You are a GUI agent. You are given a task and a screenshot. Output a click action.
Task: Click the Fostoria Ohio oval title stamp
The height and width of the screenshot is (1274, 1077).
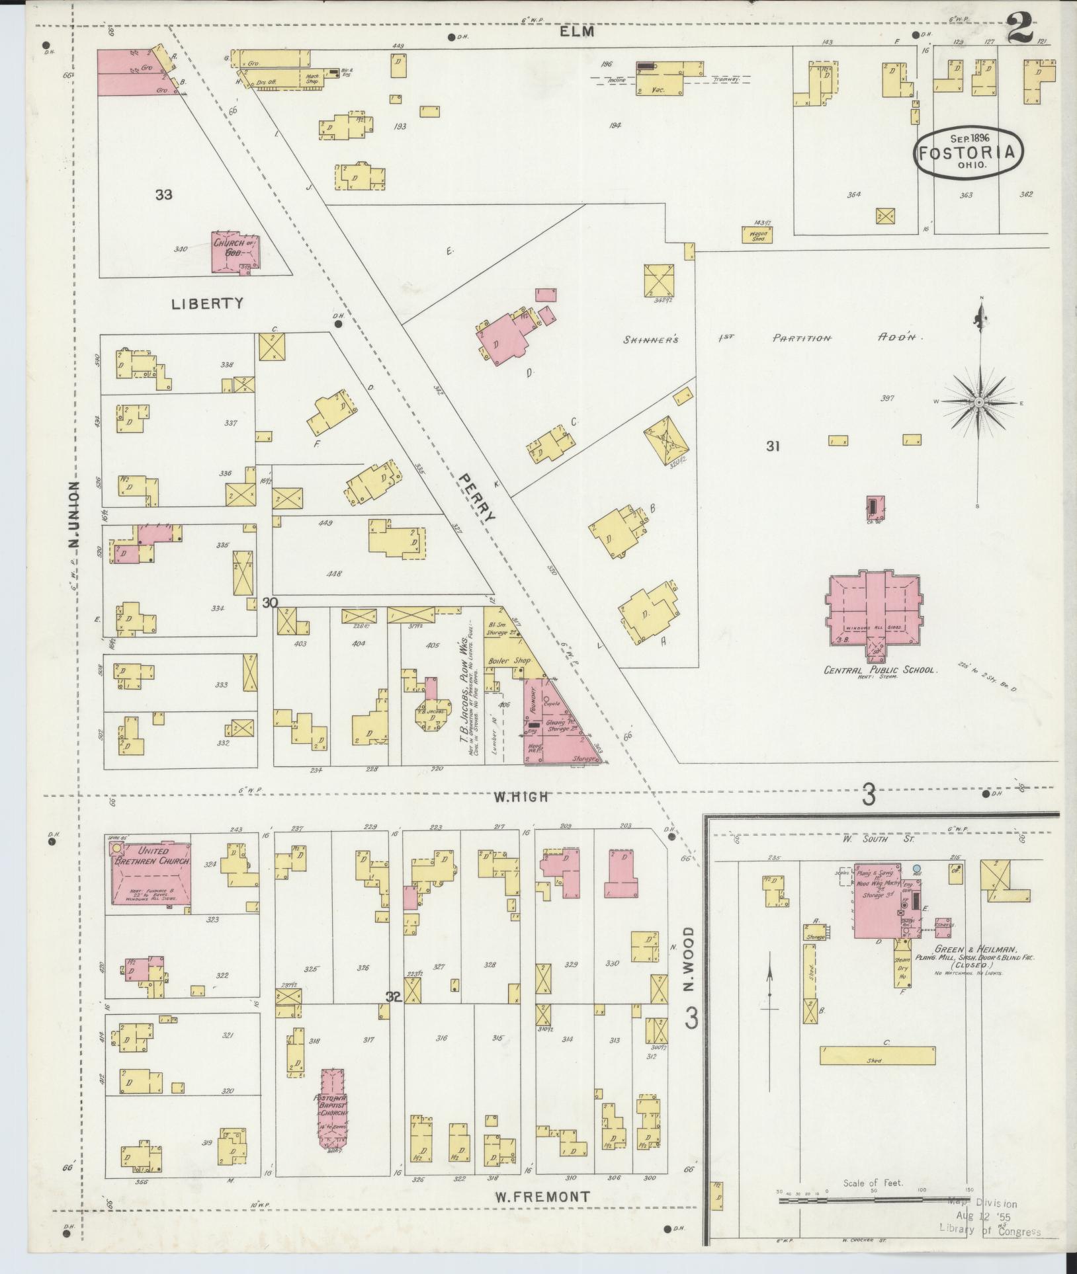click(x=965, y=151)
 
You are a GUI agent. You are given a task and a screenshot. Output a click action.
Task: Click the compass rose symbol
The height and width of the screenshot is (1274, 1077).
click(x=978, y=402)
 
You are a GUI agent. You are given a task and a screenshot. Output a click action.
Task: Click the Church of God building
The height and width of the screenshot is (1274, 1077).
click(x=233, y=251)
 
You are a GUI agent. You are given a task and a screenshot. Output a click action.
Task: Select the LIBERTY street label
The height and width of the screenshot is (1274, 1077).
click(x=207, y=303)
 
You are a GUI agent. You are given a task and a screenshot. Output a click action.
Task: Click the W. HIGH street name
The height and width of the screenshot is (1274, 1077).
click(x=521, y=797)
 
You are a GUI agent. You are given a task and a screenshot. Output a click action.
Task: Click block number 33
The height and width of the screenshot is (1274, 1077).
click(x=164, y=194)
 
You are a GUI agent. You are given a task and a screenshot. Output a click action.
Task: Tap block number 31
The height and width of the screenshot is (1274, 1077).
click(x=773, y=446)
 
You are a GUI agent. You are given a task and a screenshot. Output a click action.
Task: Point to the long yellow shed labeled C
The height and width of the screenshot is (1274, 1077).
click(x=877, y=1055)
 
